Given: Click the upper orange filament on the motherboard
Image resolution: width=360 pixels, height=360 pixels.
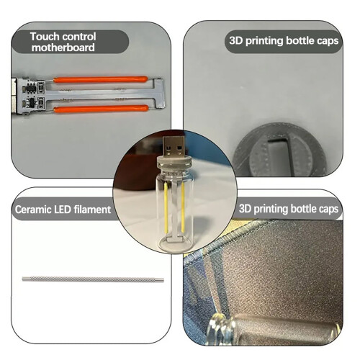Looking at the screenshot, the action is click(x=100, y=79).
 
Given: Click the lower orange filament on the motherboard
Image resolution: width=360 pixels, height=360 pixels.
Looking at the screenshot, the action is click(x=101, y=109).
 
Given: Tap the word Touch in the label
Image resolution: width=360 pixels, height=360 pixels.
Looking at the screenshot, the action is click(x=45, y=37).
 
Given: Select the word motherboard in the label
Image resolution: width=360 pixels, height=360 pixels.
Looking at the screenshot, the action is click(x=63, y=48).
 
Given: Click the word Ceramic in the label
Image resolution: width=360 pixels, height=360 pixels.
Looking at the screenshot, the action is click(x=33, y=210).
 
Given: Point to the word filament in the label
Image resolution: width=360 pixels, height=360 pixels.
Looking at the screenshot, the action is click(x=92, y=210).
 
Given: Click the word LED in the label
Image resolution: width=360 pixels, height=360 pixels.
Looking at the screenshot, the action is click(x=63, y=210).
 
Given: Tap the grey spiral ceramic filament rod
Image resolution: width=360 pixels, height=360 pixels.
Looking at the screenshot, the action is click(x=93, y=279).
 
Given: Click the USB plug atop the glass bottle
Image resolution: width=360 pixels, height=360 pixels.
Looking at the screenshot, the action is click(x=174, y=146).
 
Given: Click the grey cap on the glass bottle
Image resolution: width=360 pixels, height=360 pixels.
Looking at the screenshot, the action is click(x=174, y=164).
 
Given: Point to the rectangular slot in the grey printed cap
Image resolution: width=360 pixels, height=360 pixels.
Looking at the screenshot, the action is click(x=281, y=156).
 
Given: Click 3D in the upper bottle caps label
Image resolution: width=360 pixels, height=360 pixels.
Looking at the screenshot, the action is click(x=236, y=40).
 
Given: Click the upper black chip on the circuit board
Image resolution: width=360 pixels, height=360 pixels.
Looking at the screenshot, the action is click(x=31, y=89).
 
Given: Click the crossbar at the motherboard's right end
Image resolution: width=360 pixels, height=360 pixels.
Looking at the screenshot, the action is click(x=160, y=93).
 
